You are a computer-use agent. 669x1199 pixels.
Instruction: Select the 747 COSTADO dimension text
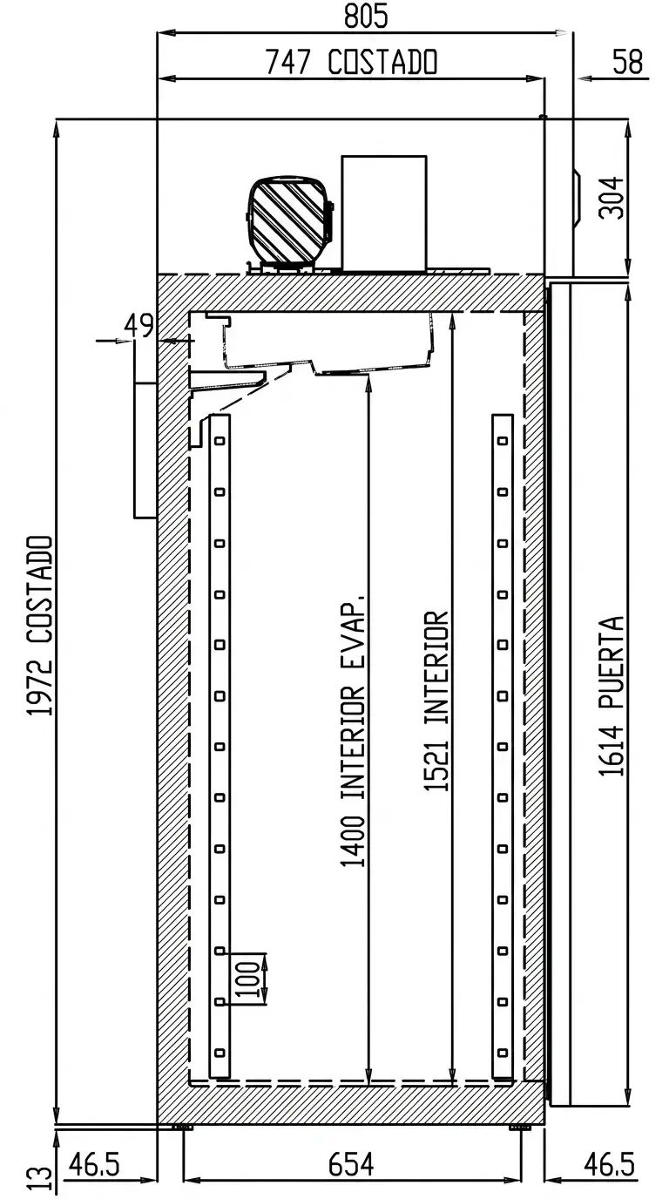pyautogui.click(x=352, y=62)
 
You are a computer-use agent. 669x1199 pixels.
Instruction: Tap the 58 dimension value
pyautogui.click(x=628, y=62)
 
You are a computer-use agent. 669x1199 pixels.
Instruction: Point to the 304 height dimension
pyautogui.click(x=612, y=198)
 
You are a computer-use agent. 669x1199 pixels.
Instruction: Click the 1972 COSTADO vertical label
pyautogui.click(x=40, y=625)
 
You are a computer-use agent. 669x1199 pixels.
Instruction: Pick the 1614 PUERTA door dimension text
pyautogui.click(x=611, y=696)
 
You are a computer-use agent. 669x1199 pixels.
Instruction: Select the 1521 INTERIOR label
pyautogui.click(x=436, y=701)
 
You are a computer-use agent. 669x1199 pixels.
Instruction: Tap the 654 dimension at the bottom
pyautogui.click(x=351, y=1165)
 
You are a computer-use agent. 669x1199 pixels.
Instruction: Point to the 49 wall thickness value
pyautogui.click(x=139, y=325)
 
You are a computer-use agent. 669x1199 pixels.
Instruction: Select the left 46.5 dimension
pyautogui.click(x=94, y=1165)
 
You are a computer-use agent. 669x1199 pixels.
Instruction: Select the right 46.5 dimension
pyautogui.click(x=609, y=1165)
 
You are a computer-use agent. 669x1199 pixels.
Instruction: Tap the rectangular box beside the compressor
pyautogui.click(x=384, y=213)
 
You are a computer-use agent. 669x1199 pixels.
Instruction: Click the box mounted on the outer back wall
pyautogui.click(x=145, y=450)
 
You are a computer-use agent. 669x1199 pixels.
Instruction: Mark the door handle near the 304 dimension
pyautogui.click(x=577, y=198)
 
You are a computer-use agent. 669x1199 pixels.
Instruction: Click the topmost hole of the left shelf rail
pyautogui.click(x=220, y=441)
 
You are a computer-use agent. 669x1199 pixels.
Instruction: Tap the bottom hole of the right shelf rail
pyautogui.click(x=502, y=1053)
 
